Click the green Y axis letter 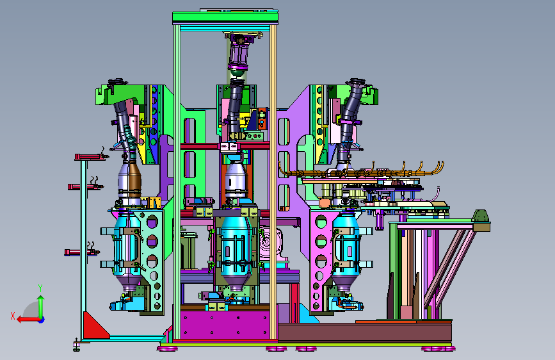tap(40, 288)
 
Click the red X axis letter tap(13, 316)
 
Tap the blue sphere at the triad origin tap(42, 320)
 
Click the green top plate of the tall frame tap(225, 17)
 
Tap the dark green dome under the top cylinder tap(237, 73)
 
